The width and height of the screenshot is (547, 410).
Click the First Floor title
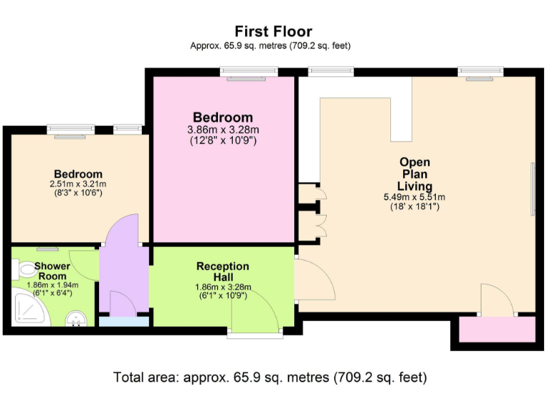click(x=273, y=31)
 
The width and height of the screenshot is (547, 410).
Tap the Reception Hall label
click(x=223, y=271)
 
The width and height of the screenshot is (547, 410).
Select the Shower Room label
click(x=53, y=271)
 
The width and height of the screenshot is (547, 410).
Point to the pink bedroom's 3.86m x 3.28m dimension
click(x=223, y=130)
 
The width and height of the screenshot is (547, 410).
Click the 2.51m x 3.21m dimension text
click(x=78, y=184)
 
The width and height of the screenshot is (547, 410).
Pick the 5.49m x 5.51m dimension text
click(x=415, y=197)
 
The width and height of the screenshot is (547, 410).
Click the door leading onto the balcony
click(x=497, y=299)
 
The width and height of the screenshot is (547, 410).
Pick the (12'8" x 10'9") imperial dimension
click(x=223, y=141)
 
